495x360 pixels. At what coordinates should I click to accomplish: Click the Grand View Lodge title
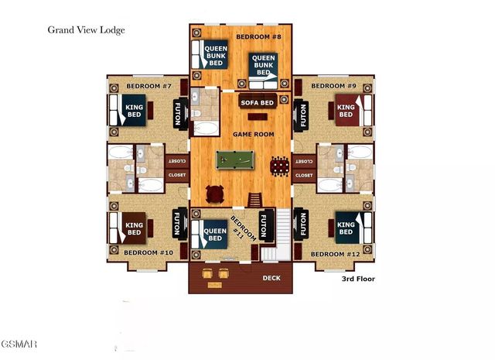pos(87,30)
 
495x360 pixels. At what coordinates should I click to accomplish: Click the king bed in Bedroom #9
pos(346,108)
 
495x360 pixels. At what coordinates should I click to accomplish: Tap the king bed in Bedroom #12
pos(345,227)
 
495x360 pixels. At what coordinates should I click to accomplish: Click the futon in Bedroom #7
pos(179,115)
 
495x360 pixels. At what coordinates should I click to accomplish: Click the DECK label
pos(271,277)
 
